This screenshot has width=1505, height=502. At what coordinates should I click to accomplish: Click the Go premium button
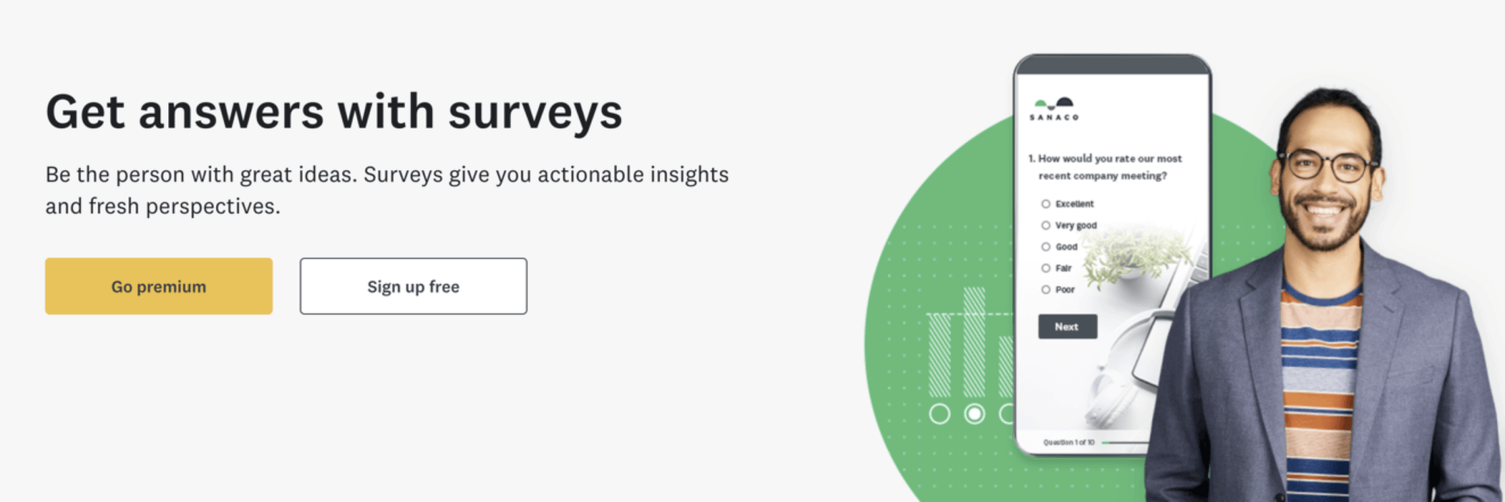(159, 286)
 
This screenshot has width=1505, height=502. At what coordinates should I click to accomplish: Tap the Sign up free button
(413, 286)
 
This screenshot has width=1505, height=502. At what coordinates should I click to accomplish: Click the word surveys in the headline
(535, 112)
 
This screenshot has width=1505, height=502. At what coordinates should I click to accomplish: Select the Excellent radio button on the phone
(1046, 204)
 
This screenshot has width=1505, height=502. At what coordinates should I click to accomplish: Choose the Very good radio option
(1046, 225)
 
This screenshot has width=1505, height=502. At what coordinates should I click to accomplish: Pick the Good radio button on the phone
(1046, 247)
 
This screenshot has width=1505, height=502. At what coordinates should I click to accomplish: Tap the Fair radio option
(1046, 268)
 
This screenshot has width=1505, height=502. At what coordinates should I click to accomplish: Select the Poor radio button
(1046, 290)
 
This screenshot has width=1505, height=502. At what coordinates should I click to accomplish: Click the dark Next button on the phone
(1067, 327)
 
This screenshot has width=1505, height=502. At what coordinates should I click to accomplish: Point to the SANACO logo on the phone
(1054, 109)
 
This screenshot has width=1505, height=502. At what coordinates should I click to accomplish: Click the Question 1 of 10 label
(1068, 443)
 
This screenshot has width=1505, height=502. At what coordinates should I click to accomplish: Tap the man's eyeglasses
(1329, 166)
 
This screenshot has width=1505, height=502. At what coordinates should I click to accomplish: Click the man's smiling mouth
(1323, 210)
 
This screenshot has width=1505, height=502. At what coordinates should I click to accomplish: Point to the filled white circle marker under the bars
(974, 414)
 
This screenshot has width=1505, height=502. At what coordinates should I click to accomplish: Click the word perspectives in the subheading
(212, 207)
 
